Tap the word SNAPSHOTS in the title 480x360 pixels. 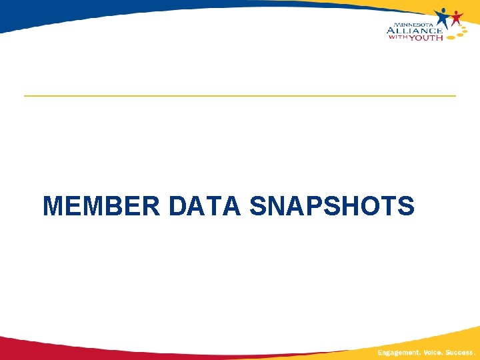pyautogui.click(x=331, y=206)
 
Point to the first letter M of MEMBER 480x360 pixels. pyautogui.click(x=52, y=206)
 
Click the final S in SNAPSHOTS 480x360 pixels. pyautogui.click(x=406, y=206)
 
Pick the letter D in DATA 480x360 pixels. pyautogui.click(x=178, y=206)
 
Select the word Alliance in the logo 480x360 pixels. pyautogui.click(x=414, y=30)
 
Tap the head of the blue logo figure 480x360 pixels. pyautogui.click(x=443, y=9)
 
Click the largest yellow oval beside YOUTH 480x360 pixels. pyautogui.click(x=451, y=37)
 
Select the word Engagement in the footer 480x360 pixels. pyautogui.click(x=394, y=352)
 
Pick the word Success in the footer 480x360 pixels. pyautogui.click(x=460, y=352)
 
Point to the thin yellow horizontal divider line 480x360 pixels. pyautogui.click(x=240, y=96)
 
